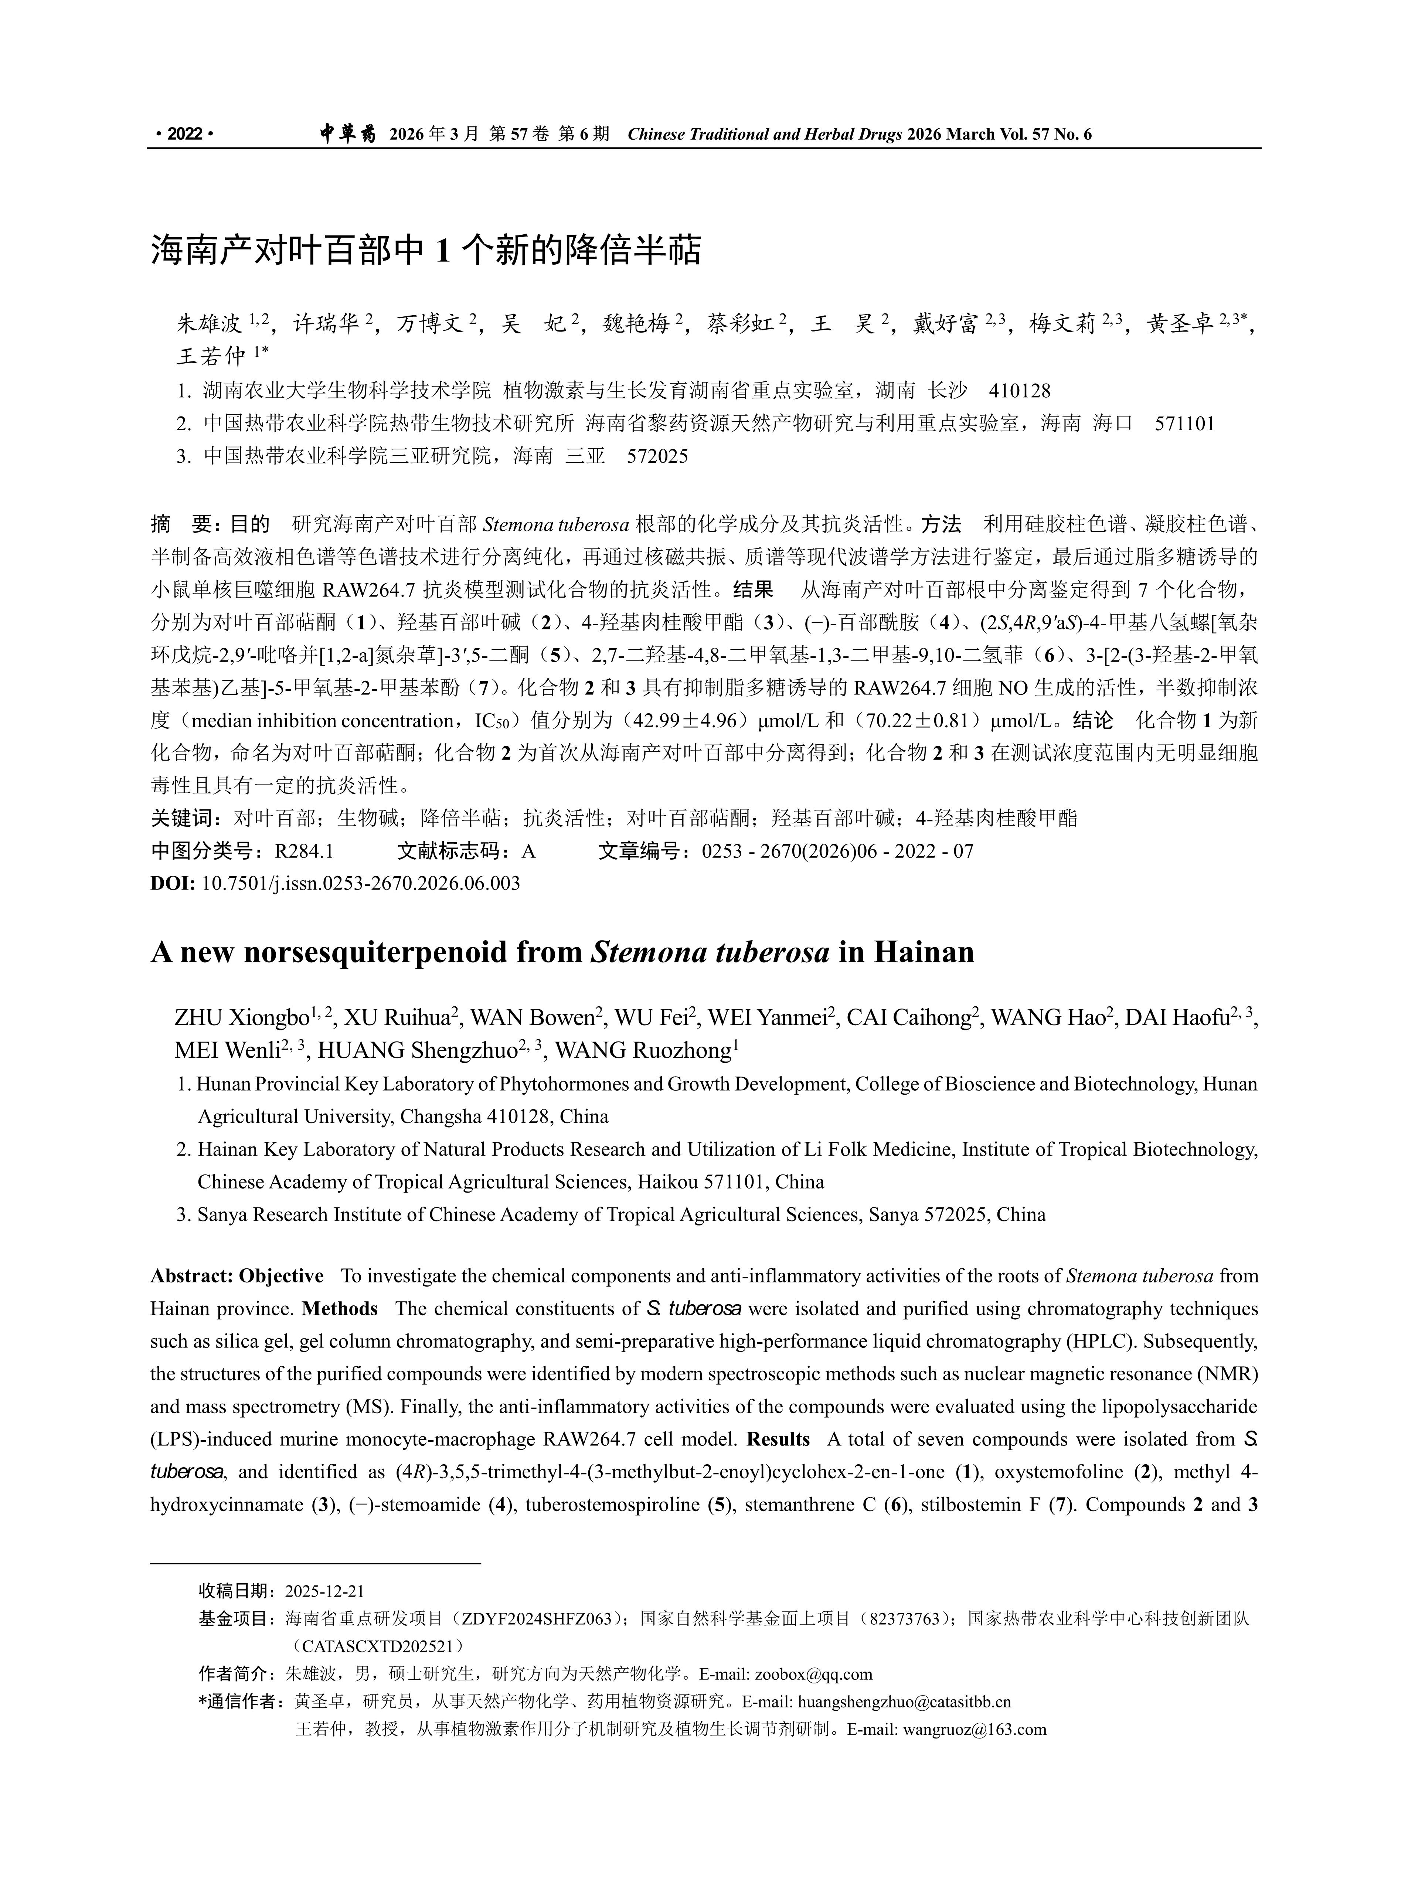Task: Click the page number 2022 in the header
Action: (x=184, y=134)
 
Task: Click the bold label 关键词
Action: (x=183, y=818)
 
